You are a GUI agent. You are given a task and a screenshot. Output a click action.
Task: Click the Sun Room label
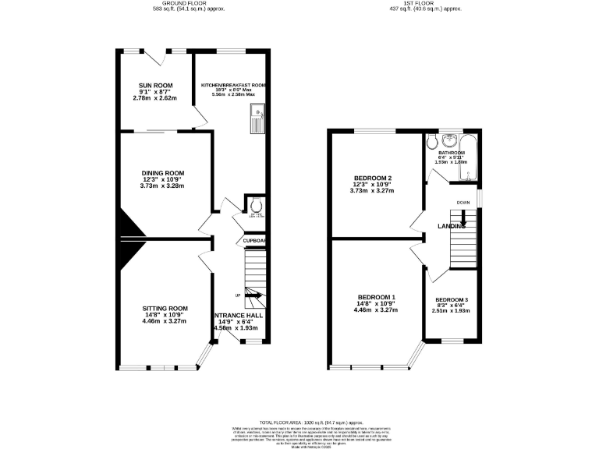tap(156, 85)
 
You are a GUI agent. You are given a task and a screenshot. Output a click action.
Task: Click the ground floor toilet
tap(256, 205)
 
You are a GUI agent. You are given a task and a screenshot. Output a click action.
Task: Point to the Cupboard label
tap(255, 241)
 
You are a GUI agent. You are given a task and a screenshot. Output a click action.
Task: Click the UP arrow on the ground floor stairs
tap(252, 294)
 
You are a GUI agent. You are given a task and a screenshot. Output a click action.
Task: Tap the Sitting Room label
tap(165, 308)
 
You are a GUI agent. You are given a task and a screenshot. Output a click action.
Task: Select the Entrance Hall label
tap(242, 315)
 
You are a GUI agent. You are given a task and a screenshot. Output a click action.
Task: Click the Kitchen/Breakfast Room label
tap(234, 85)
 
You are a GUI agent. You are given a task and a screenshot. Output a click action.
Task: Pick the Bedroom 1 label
tap(377, 297)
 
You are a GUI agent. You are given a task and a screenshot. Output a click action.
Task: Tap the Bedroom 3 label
tap(452, 300)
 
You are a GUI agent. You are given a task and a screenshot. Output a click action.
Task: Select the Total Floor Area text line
tap(299, 420)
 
